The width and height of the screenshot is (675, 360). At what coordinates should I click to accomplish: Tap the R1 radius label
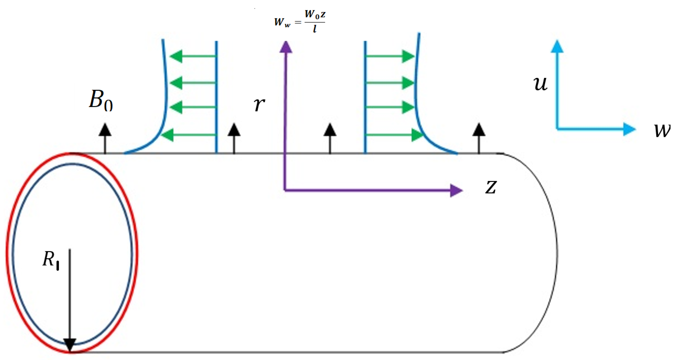click(51, 260)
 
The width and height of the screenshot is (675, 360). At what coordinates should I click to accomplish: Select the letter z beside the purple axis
click(491, 187)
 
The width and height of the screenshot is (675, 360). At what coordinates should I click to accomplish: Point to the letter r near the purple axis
click(259, 104)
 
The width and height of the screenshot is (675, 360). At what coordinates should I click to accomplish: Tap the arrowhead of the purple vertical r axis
click(286, 47)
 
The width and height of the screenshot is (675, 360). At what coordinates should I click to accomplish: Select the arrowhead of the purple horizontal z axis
click(456, 190)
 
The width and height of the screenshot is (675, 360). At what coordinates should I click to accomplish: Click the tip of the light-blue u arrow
click(557, 46)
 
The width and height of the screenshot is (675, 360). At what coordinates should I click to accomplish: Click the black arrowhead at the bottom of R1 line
click(70, 345)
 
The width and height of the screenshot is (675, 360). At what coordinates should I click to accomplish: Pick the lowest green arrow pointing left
click(189, 135)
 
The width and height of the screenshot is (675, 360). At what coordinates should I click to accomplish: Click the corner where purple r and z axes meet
click(285, 190)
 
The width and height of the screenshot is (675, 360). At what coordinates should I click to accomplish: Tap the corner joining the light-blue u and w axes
click(557, 129)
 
